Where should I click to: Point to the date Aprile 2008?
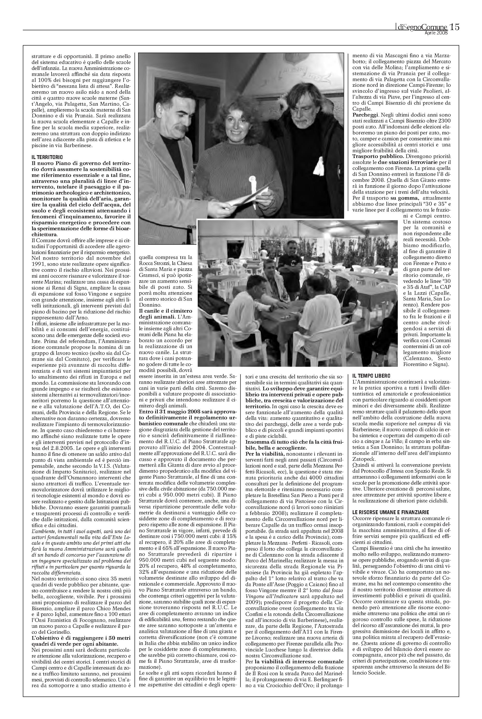pyautogui.click(x=436, y=33)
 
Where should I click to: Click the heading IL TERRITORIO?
pyautogui.click(x=45, y=157)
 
